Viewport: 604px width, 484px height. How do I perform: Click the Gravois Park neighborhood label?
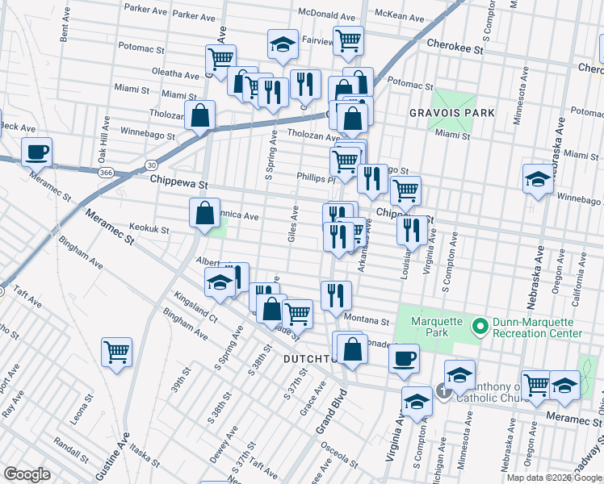click(451, 113)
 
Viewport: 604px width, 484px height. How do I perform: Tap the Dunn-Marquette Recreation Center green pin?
click(479, 327)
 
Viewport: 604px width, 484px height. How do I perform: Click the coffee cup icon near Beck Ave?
click(37, 151)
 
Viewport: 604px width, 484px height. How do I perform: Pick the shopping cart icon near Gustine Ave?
click(116, 352)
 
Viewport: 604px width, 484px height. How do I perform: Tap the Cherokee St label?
click(455, 48)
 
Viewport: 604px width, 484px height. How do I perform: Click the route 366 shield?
click(106, 172)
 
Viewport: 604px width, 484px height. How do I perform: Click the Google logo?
click(27, 474)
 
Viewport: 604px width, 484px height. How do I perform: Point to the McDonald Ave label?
click(327, 16)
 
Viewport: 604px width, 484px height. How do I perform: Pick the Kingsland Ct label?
click(200, 309)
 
